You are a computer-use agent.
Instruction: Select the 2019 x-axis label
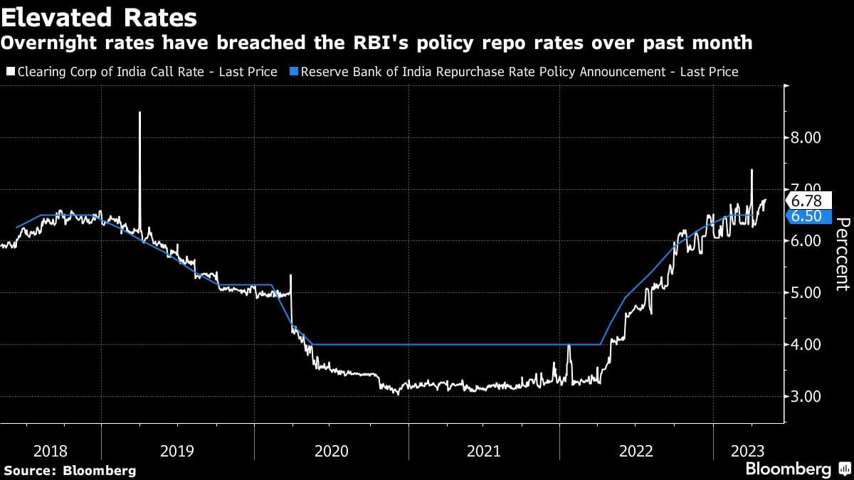point(178,450)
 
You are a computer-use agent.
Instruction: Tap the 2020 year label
point(331,450)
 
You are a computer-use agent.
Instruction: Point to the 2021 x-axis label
point(484,450)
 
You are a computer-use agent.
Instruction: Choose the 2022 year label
point(637,450)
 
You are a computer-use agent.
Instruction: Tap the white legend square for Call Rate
point(9,72)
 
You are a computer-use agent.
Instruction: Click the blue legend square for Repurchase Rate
point(294,72)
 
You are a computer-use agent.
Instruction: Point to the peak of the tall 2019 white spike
point(139,112)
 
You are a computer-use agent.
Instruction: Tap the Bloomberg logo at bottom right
point(797,469)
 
